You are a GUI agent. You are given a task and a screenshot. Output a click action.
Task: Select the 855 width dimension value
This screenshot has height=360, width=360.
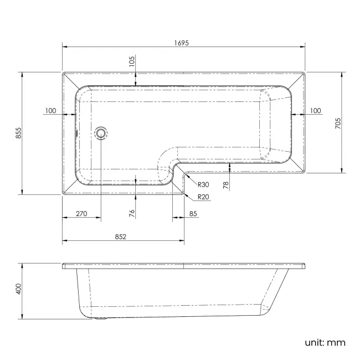tap(18, 133)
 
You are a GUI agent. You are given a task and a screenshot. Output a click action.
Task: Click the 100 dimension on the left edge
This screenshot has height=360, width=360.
tap(50, 111)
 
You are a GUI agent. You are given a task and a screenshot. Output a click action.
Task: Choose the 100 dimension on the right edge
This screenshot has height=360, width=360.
tap(315, 111)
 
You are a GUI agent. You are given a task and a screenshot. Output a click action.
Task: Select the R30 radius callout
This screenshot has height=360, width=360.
tap(203, 184)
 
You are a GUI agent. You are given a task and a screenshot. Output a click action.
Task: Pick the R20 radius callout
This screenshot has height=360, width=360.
tap(203, 197)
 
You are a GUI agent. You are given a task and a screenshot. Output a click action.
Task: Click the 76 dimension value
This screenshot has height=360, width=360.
tap(132, 213)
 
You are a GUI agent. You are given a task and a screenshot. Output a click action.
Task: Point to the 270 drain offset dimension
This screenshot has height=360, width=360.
tap(81, 214)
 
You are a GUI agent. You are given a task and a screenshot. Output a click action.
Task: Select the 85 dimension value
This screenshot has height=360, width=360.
tap(193, 214)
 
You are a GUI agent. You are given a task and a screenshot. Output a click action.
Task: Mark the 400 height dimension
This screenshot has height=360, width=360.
tap(18, 289)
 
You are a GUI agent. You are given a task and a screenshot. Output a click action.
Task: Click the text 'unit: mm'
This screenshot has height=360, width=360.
tap(325, 342)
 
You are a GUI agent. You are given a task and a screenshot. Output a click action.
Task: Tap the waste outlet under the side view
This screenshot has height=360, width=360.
tap(101, 318)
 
